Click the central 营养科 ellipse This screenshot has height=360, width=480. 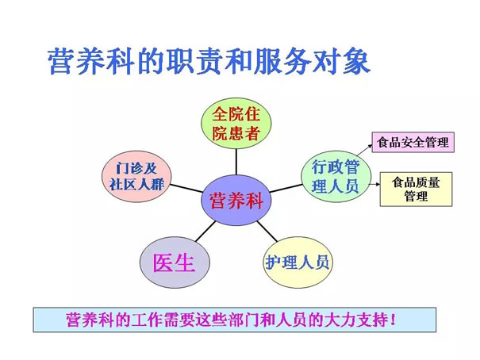tap(236, 201)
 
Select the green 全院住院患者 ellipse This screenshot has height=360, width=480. tap(236, 123)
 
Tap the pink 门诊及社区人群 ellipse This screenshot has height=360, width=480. tap(136, 177)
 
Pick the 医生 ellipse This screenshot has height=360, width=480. tap(175, 262)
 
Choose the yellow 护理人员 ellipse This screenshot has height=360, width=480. tap(298, 262)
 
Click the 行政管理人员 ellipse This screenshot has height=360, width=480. tap(336, 177)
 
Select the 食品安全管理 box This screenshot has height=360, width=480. tap(413, 142)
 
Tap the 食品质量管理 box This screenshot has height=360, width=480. tap(416, 189)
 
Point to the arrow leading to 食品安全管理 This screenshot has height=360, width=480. tap(364, 150)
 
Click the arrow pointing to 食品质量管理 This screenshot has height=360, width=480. tap(374, 185)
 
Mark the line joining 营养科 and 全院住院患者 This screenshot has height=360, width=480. tap(236, 162)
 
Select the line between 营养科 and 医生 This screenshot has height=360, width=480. tap(205, 232)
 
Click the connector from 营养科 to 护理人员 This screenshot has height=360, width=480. tap(267, 232)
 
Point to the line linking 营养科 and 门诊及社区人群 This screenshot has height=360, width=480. tap(186, 189)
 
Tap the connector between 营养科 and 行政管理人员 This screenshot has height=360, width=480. tap(286, 188)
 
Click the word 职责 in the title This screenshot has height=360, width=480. tap(196, 62)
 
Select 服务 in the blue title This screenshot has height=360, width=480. tap(283, 62)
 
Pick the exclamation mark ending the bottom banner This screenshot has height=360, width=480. tap(393, 320)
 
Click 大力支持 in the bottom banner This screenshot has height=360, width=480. tap(358, 320)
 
